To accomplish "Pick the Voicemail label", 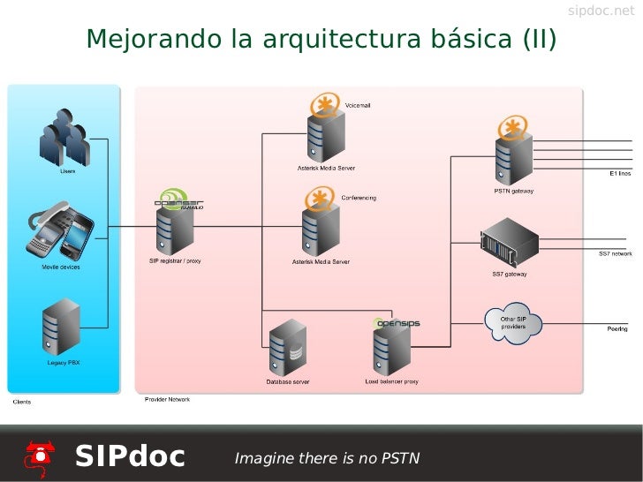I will pos(358,106).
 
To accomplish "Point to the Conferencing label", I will pos(359,198).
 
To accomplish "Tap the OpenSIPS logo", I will pos(397,323).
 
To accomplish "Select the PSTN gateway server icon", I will pos(512,154).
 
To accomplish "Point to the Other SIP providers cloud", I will pos(513,323).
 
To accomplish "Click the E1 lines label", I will pos(620,174).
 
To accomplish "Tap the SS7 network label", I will pos(615,254).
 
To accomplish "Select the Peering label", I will pos(617,329).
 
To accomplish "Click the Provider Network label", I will pos(167,400).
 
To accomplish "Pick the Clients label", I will pos(22,402).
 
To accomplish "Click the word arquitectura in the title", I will pos(339,40).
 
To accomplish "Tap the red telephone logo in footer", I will pos(40,456).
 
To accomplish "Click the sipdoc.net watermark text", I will pos(601,11).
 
